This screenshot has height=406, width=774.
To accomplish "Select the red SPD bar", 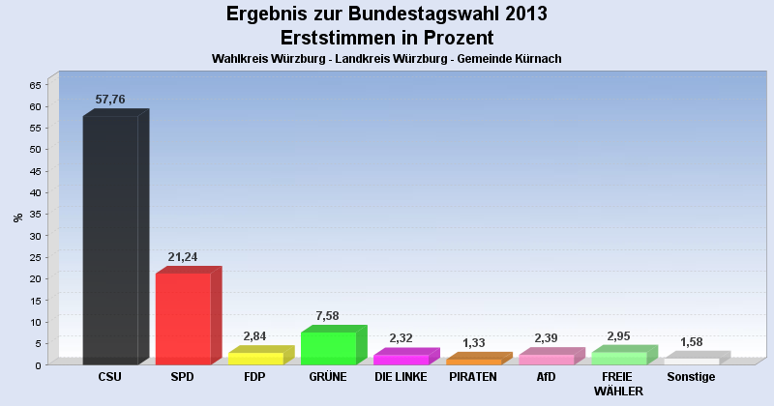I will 183,318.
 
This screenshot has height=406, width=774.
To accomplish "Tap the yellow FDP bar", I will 255,358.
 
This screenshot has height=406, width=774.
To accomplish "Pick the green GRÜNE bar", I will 328,348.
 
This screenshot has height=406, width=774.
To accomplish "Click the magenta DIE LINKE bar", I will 401,359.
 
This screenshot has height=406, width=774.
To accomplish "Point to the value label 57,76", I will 110,100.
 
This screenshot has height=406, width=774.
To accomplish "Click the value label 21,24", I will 183,257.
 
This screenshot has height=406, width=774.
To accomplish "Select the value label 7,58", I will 328,316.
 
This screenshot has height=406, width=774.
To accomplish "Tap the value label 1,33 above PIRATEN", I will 474,343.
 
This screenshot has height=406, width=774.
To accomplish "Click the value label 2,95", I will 618,336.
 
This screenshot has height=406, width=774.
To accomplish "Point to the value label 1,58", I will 692,342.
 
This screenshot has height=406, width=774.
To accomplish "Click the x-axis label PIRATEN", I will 473,377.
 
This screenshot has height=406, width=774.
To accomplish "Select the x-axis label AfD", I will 546,377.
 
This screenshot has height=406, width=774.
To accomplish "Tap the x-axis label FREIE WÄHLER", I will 618,384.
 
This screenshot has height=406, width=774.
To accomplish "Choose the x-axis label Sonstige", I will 692,377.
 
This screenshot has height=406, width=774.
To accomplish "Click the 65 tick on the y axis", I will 35,84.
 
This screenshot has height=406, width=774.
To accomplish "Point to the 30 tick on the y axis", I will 35,235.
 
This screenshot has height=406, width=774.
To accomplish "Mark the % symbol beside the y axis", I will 17,217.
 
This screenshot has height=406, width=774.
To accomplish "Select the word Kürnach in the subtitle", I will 538,59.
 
